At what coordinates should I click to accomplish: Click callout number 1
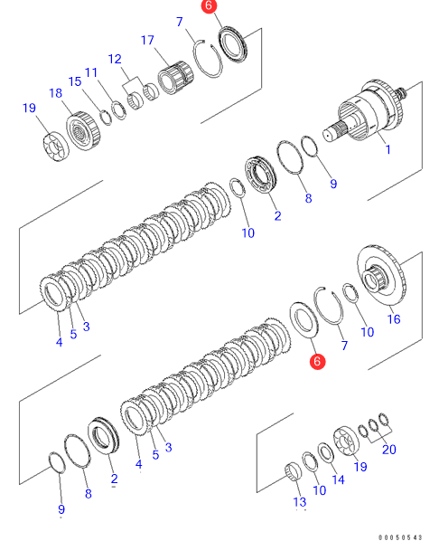(388, 149)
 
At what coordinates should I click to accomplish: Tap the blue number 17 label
(147, 40)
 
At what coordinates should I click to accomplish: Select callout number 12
(115, 59)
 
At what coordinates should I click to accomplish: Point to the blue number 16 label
(394, 319)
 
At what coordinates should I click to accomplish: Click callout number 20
(389, 450)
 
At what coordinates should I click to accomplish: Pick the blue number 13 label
(300, 502)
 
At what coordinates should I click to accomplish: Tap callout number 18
(55, 93)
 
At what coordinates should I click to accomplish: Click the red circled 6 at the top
(209, 5)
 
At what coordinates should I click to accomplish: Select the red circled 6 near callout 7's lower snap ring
(317, 361)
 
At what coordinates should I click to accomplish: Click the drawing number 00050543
(400, 537)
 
